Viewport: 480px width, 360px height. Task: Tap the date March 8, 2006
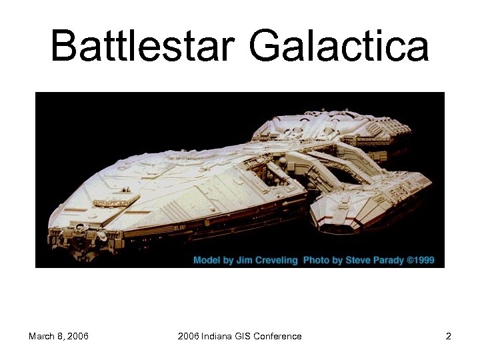(x=59, y=336)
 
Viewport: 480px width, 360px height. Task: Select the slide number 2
(x=449, y=336)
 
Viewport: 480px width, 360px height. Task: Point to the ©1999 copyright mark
(x=421, y=260)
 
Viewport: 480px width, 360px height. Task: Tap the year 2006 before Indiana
(x=189, y=336)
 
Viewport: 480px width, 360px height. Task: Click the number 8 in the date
(x=59, y=336)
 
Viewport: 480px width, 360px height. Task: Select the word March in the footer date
(x=41, y=336)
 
